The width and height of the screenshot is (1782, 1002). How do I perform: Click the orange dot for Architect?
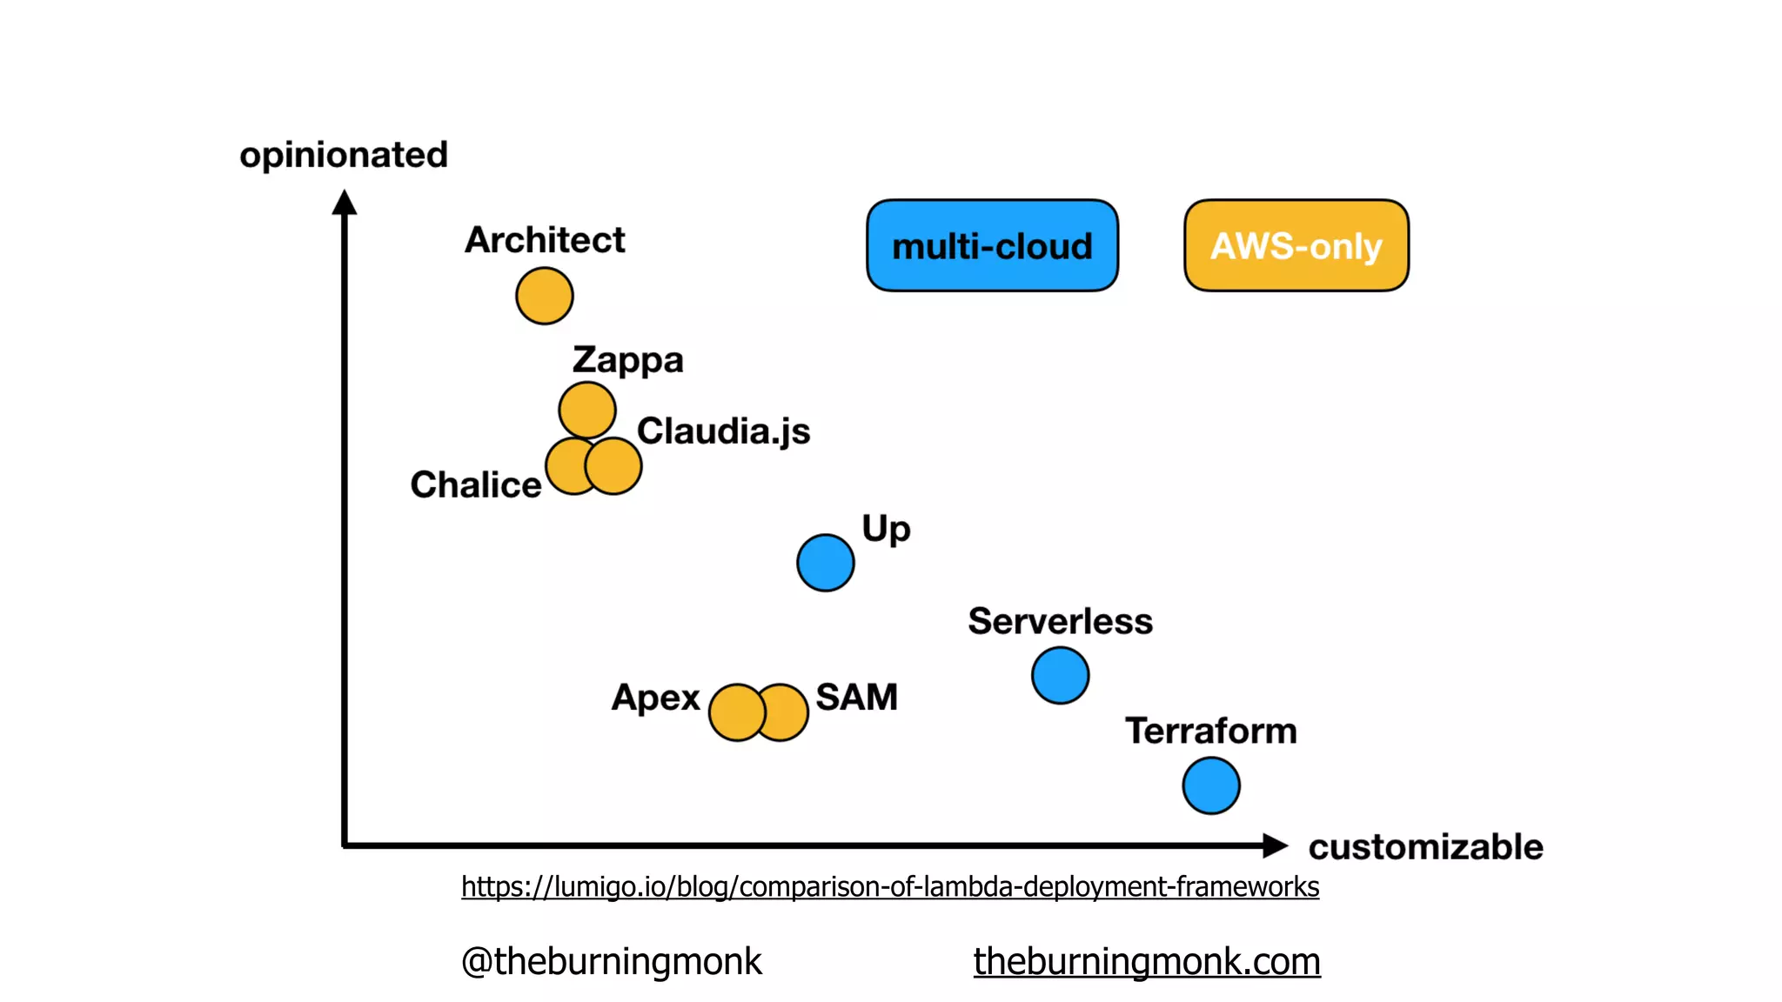pos(544,296)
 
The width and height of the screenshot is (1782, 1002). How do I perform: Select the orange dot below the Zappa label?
pos(587,410)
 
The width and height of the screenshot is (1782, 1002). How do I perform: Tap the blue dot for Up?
pos(825,563)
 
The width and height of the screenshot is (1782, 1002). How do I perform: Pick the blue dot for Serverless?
pos(1060,675)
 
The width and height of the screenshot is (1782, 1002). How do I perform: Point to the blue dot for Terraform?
pos(1211,785)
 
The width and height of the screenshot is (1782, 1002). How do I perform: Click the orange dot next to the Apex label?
pos(736,712)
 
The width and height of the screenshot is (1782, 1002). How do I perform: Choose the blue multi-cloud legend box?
pos(992,246)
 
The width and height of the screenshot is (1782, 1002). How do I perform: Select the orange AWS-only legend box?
pos(1296,246)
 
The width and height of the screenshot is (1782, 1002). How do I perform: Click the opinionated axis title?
pos(344,155)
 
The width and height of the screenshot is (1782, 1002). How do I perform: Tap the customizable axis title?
pos(1425,847)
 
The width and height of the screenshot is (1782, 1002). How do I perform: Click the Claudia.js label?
pos(723,431)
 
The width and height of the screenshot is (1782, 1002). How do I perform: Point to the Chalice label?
pos(475,484)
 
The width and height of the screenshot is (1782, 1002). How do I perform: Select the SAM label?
pos(856,697)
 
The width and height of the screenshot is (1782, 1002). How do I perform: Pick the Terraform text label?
pos(1210,731)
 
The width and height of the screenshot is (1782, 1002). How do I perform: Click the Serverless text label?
pos(1060,621)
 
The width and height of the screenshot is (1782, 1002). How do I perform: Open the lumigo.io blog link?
pos(890,886)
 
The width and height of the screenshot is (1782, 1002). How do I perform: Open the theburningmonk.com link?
pos(1147,961)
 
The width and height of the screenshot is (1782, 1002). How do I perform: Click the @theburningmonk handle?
pos(611,961)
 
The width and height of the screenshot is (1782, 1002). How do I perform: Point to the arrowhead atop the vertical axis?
pos(345,203)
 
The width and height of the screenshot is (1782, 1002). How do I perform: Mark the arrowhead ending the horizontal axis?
pos(1274,845)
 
